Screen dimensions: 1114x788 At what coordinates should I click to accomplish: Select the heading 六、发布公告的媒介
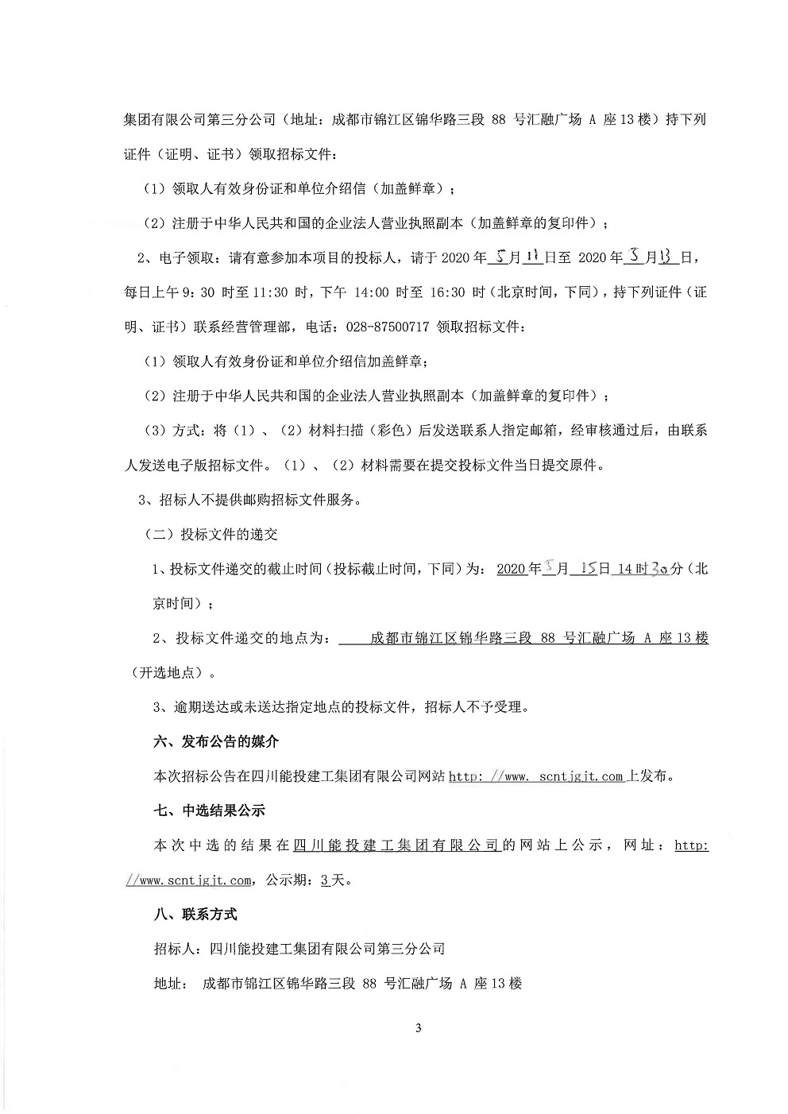[x=216, y=742]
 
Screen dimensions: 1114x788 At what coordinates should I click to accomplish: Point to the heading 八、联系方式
[x=195, y=915]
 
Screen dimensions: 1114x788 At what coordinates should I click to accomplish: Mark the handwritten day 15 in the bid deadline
[x=589, y=569]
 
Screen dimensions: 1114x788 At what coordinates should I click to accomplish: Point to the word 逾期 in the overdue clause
[x=179, y=706]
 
